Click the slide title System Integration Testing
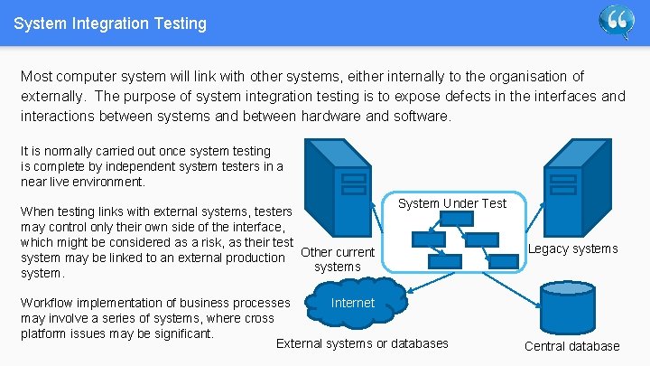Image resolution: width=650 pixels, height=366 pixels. coord(110,23)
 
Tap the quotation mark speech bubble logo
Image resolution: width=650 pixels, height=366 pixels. coord(617,21)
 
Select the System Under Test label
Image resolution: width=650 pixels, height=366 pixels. coord(452,203)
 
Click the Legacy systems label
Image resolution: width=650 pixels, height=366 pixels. coord(572,249)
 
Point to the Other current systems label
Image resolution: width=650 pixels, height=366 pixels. coord(337,259)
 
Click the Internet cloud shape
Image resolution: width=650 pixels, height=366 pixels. coord(352,304)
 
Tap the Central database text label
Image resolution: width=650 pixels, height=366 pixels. coord(571,346)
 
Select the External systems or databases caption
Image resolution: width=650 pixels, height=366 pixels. coord(361,343)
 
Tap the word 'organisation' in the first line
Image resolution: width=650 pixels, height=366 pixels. coord(521,76)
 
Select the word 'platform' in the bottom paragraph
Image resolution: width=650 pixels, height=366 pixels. coord(43,333)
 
